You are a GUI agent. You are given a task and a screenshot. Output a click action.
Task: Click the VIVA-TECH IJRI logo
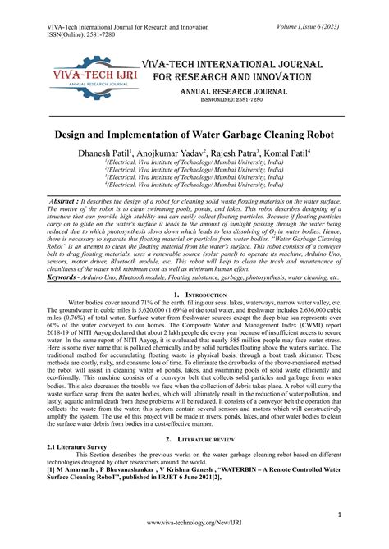click(90, 77)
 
